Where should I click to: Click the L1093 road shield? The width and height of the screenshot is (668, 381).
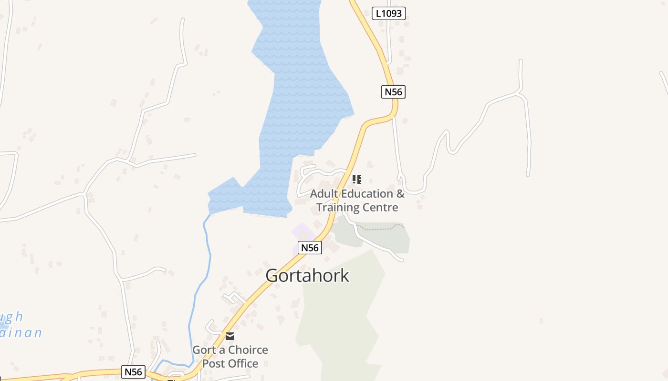[x=388, y=13]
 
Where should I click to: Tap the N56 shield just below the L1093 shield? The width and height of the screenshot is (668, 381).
[x=393, y=92]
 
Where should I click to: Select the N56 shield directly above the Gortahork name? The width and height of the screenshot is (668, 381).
[x=310, y=248]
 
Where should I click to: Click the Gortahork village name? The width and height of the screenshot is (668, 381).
[x=307, y=276]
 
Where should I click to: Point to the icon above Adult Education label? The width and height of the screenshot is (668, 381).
[x=356, y=180]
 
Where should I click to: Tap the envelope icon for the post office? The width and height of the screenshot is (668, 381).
[x=230, y=336]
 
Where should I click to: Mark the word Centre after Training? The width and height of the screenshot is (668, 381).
[x=380, y=207]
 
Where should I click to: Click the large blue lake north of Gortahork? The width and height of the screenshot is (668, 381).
[x=301, y=95]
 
